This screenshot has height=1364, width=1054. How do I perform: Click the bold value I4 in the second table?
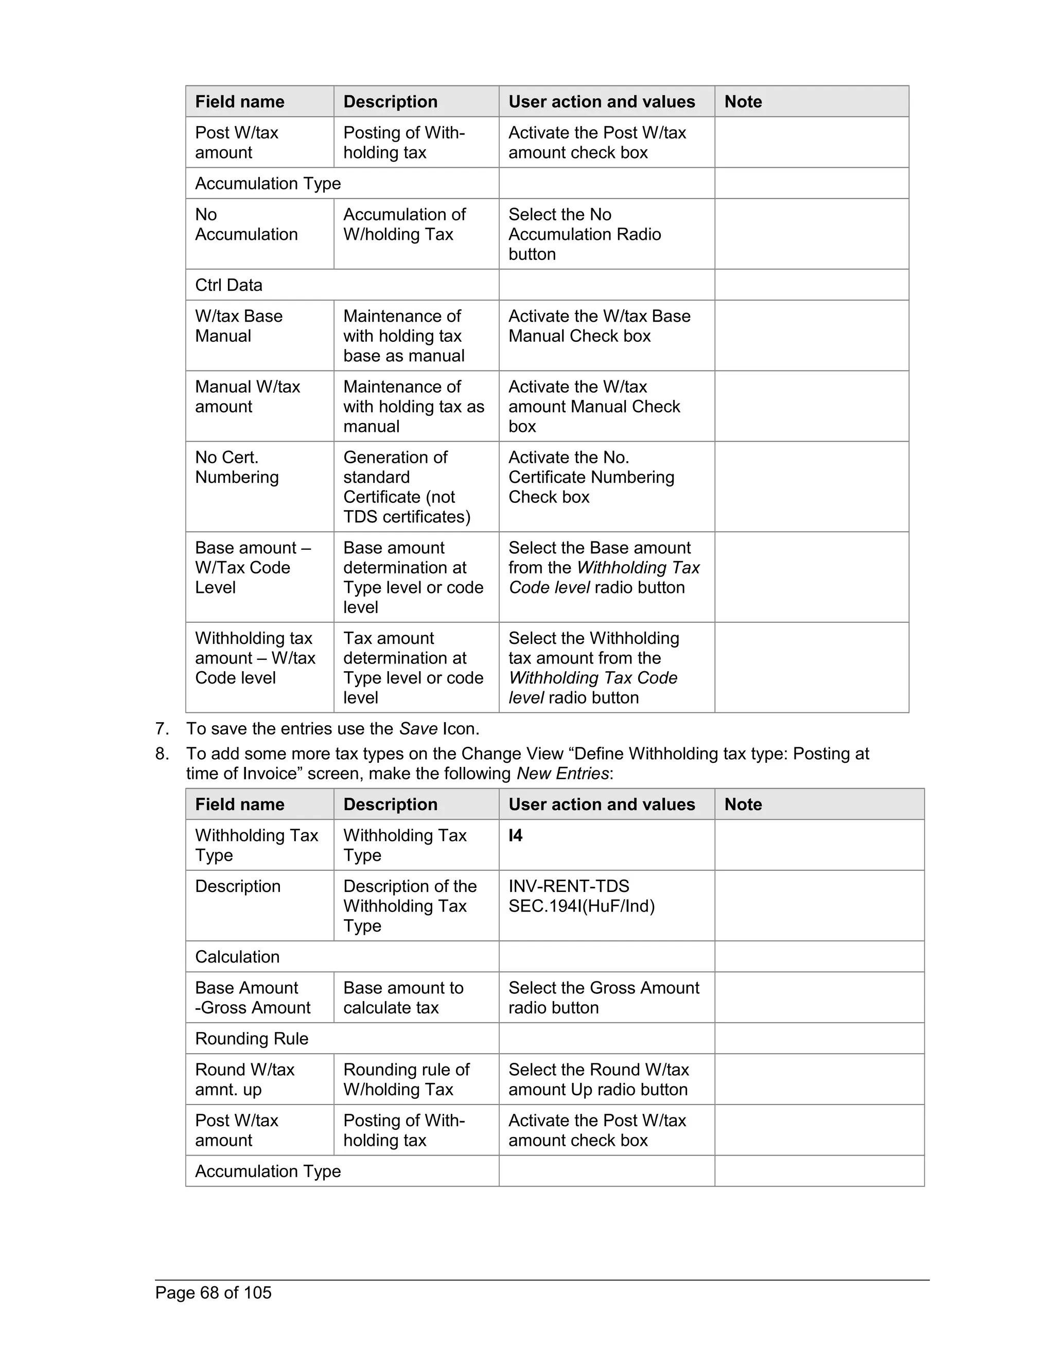click(515, 835)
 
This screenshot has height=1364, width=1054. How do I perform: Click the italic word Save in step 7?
click(418, 729)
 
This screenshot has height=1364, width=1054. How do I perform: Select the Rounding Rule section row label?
click(252, 1038)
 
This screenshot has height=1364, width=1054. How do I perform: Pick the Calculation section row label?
click(237, 956)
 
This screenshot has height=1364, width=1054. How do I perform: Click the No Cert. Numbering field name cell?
click(237, 467)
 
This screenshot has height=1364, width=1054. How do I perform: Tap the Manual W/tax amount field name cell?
click(247, 396)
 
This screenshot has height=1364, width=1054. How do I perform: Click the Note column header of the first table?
click(743, 102)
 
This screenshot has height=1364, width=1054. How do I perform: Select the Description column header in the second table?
click(390, 805)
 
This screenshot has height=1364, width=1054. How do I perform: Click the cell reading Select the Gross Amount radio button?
click(603, 998)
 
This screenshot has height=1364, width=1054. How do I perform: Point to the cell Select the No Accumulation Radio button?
click(585, 234)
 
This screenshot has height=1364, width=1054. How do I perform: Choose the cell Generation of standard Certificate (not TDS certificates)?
click(407, 486)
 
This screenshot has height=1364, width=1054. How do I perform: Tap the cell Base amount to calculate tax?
click(403, 998)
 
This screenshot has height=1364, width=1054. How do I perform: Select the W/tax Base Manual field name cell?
click(238, 326)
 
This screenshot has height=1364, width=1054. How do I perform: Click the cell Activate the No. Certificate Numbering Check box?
click(591, 477)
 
